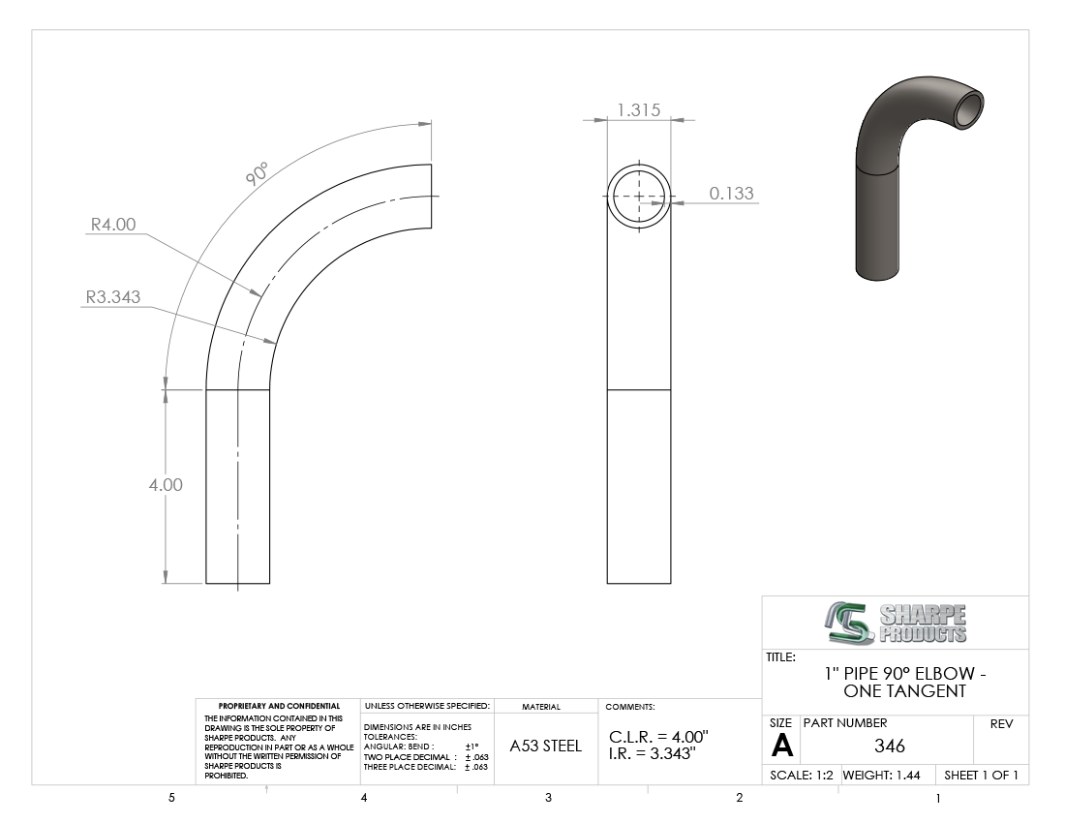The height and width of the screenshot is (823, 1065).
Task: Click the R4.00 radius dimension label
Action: click(x=113, y=224)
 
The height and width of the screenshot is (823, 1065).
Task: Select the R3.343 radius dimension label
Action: click(x=112, y=296)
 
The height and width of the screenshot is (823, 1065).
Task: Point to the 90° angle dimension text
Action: click(x=257, y=174)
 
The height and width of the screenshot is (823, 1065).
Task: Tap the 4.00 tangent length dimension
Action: click(x=166, y=485)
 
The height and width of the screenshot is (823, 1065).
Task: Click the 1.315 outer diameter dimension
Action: click(x=638, y=110)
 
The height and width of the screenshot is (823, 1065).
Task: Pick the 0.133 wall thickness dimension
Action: click(x=732, y=194)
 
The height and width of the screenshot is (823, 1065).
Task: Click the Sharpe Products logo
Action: click(x=896, y=623)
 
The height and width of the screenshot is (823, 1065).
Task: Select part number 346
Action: click(x=890, y=747)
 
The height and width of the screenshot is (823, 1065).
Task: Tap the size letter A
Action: click(x=781, y=747)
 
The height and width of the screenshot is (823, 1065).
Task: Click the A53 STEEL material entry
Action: click(x=545, y=747)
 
